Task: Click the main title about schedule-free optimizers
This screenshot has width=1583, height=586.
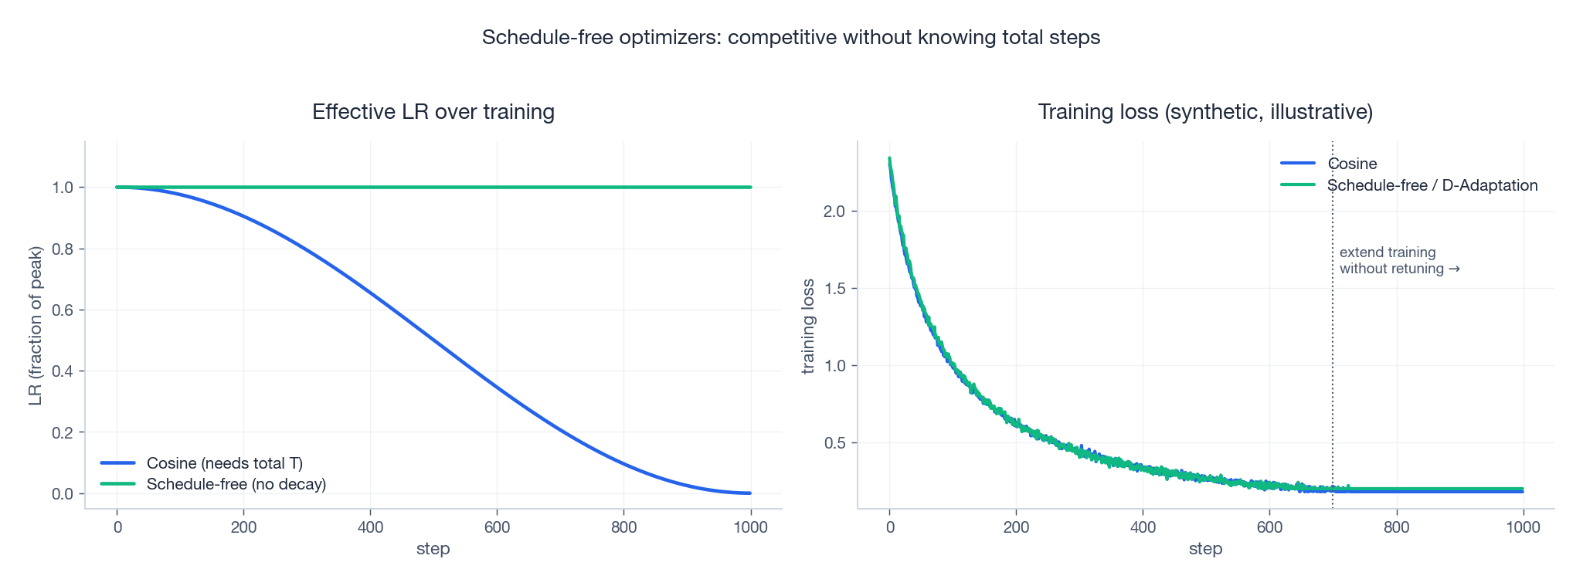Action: (x=790, y=37)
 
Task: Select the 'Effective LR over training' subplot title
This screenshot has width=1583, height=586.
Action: (x=433, y=112)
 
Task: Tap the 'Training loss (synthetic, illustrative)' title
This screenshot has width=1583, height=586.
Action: (x=1205, y=112)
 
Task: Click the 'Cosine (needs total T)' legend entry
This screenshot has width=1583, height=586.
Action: (x=224, y=463)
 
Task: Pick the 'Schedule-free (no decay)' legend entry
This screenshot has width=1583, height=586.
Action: (x=236, y=484)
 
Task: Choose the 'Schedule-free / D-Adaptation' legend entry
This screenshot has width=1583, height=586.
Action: (x=1432, y=185)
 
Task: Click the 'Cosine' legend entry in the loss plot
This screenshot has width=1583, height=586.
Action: (x=1352, y=164)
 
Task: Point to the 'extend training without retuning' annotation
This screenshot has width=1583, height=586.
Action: (x=1398, y=261)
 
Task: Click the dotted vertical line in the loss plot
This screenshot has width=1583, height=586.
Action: (x=1333, y=347)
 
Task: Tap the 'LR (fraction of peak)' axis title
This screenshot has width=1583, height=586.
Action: (x=35, y=326)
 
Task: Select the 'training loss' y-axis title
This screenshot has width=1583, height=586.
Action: (x=808, y=326)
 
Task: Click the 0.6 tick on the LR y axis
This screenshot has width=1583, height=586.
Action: (x=63, y=310)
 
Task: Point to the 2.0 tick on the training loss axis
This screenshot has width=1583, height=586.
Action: (x=835, y=212)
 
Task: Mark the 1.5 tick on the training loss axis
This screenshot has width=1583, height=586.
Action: (x=835, y=289)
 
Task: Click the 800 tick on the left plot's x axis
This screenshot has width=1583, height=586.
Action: (x=623, y=527)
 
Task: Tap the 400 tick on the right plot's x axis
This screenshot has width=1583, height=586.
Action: (x=1143, y=527)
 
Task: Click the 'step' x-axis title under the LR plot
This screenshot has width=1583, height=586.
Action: (x=433, y=549)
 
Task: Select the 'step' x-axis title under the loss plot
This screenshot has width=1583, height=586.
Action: (x=1205, y=549)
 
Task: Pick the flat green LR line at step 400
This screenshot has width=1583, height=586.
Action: (x=370, y=187)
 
